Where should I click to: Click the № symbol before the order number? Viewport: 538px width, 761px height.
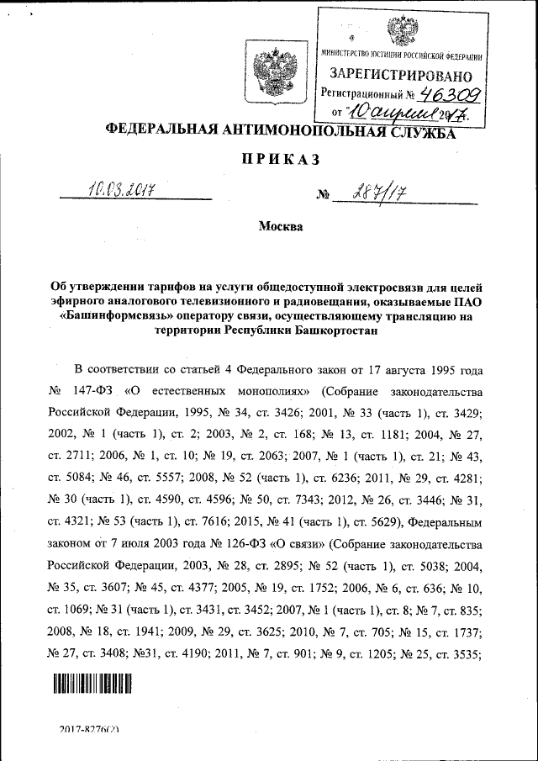tap(321, 195)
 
